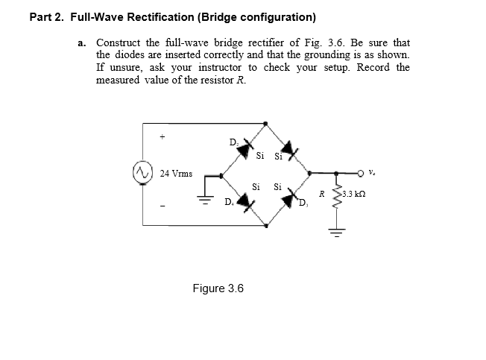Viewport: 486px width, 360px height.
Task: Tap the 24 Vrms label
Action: [176, 174]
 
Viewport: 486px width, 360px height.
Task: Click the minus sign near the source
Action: [159, 206]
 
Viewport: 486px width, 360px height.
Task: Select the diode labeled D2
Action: [243, 150]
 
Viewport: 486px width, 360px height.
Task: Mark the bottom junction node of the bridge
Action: [266, 224]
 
